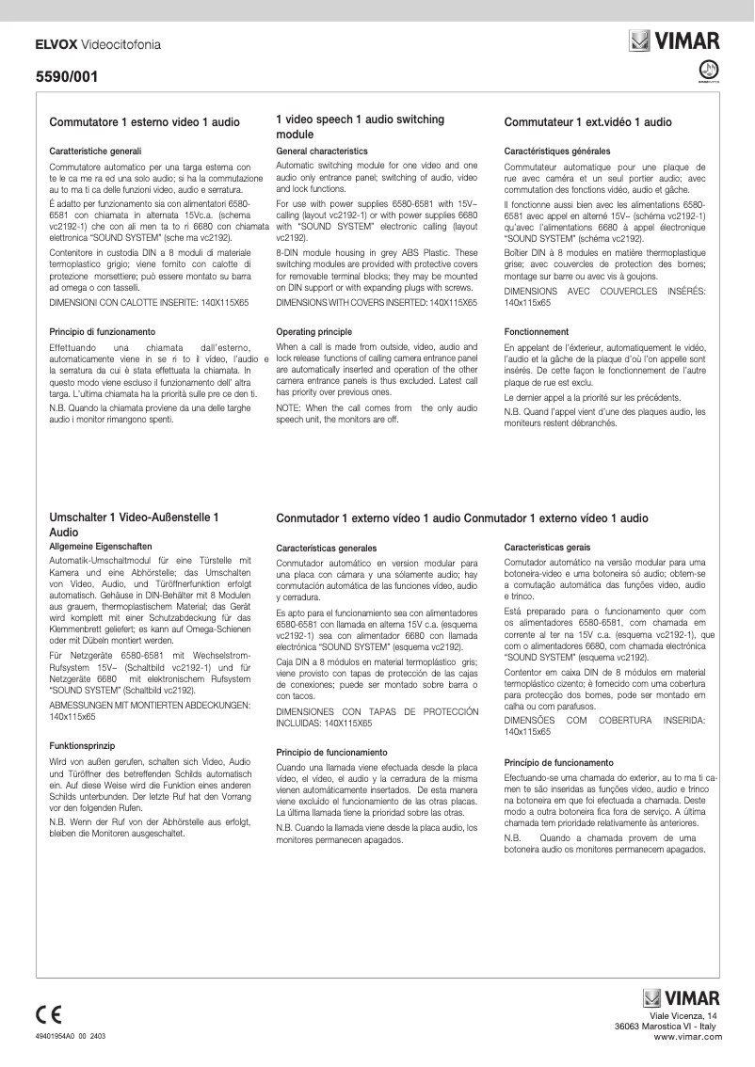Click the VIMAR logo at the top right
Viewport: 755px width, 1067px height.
point(674,41)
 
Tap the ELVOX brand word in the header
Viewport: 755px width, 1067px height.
point(56,43)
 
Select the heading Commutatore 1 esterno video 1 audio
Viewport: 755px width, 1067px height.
point(144,122)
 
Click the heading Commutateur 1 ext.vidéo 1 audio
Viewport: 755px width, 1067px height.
point(587,122)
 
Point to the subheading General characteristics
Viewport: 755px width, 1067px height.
point(322,151)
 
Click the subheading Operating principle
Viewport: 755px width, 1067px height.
point(313,332)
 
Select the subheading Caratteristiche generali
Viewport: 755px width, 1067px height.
point(95,151)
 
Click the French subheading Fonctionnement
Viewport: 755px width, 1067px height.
point(536,332)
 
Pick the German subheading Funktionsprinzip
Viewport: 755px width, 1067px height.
point(83,744)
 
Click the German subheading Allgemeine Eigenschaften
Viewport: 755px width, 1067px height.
point(99,546)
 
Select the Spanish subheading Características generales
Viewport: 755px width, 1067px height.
point(326,548)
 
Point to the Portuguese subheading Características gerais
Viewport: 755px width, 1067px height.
point(547,547)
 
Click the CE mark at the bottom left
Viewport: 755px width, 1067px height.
point(48,1014)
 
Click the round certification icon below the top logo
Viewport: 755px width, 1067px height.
point(708,71)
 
